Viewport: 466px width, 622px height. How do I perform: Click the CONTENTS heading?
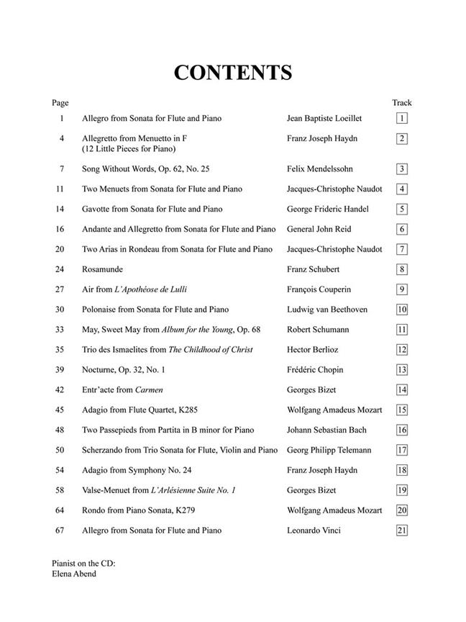point(232,73)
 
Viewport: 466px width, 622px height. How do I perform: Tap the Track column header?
point(401,103)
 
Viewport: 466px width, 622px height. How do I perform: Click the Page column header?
point(60,103)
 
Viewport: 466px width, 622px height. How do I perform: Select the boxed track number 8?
point(402,270)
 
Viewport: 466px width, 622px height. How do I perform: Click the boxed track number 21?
point(402,531)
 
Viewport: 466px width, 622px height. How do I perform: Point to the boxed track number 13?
point(402,370)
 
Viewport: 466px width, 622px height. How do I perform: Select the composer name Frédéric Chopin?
point(315,370)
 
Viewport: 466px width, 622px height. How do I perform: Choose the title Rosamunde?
point(103,269)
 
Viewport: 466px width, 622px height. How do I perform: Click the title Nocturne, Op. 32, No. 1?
point(123,370)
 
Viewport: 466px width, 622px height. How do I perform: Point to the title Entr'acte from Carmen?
point(122,390)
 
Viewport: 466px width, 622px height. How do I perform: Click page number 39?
point(60,370)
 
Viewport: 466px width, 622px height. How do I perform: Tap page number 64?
point(60,510)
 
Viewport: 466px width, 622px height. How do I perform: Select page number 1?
point(62,118)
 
